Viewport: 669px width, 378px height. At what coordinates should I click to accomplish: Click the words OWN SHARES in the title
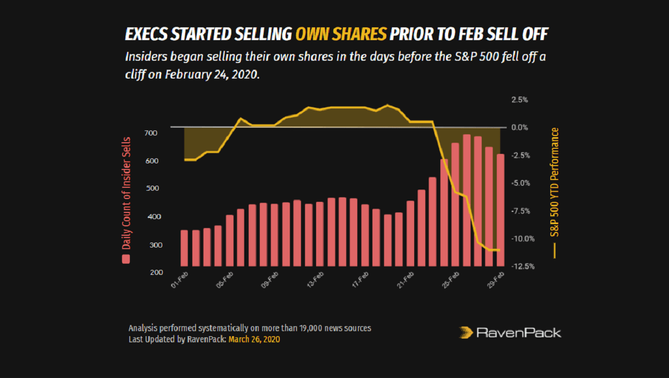[340, 35]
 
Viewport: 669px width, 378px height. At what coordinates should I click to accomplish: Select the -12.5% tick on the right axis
[523, 266]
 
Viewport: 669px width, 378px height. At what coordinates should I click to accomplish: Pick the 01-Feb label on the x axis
[180, 281]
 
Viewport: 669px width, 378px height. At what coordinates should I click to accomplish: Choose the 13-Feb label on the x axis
[316, 281]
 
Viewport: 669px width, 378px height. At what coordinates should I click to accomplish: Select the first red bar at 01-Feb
[184, 248]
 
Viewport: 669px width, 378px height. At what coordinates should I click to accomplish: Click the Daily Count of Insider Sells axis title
[127, 193]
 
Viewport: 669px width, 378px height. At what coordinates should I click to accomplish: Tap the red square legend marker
[127, 259]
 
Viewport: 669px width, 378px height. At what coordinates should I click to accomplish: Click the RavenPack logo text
[518, 333]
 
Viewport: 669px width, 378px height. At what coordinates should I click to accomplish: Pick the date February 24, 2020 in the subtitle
[212, 75]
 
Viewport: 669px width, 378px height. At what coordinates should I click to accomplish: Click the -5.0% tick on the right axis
[523, 183]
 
